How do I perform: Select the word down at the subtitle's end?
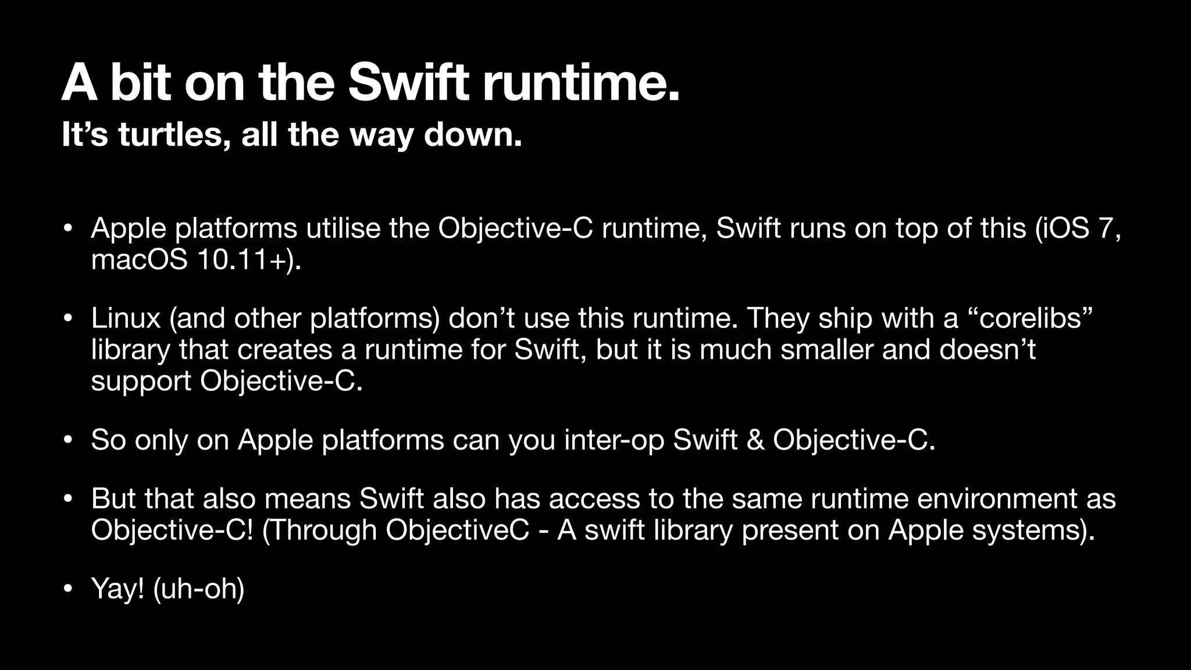[472, 135]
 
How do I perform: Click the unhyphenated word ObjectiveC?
[457, 530]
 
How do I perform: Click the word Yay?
[117, 589]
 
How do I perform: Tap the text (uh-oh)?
[198, 589]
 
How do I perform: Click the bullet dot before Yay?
[68, 589]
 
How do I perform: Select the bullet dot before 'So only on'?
[68, 441]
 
